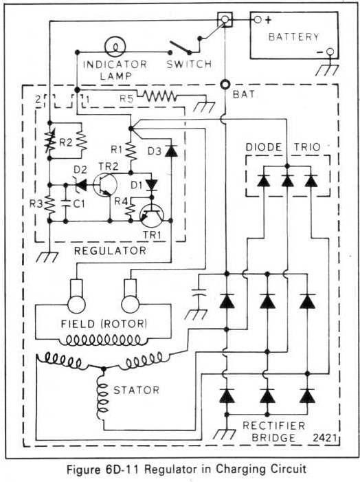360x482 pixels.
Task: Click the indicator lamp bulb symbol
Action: tap(115, 47)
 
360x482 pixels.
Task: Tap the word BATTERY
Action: tap(294, 37)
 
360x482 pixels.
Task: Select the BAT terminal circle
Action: tap(225, 84)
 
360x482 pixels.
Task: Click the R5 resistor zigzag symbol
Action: tap(159, 96)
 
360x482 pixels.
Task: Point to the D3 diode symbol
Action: tap(171, 151)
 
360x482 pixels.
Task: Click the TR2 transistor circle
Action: tap(105, 185)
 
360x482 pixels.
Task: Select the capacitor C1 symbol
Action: tap(65, 203)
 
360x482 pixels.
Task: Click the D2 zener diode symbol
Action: tap(80, 185)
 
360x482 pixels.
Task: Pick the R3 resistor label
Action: tap(36, 204)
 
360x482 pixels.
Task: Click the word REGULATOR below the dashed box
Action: tap(111, 250)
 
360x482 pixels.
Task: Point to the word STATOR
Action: tap(137, 390)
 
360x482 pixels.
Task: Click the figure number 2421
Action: tap(325, 437)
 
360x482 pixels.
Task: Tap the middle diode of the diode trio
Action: tap(287, 181)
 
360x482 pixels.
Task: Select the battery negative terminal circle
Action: tap(330, 52)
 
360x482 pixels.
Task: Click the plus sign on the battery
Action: tap(269, 21)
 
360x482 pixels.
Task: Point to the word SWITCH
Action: tap(189, 64)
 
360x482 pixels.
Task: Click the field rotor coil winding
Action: tap(104, 340)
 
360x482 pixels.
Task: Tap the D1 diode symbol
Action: tap(151, 185)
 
